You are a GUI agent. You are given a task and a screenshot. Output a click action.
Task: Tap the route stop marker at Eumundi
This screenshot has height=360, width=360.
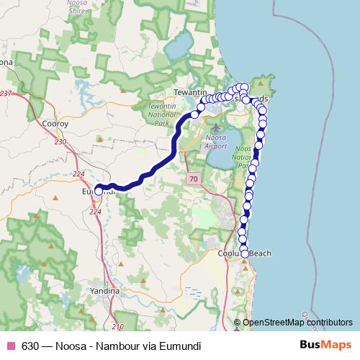(99, 191)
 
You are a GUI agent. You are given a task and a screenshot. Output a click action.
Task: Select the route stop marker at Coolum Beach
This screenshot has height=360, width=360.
(245, 253)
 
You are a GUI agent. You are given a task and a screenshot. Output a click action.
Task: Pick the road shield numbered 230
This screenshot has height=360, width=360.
(59, 142)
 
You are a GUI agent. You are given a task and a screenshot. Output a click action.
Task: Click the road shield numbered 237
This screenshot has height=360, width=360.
(6, 94)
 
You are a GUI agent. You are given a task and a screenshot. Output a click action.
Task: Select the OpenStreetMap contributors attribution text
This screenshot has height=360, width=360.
(297, 323)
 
